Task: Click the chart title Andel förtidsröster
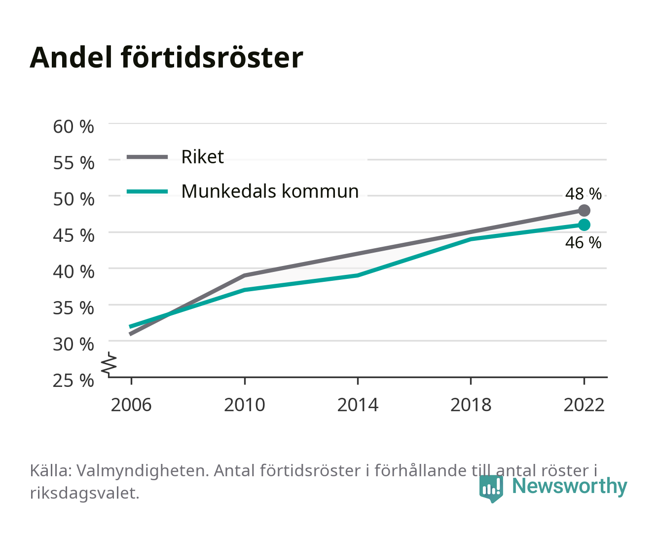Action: pos(166,58)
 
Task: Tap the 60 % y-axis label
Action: pos(73,127)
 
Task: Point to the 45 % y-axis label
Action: pos(73,235)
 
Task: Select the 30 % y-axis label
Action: pos(73,344)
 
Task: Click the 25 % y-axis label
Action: pos(73,381)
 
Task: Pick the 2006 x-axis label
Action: pos(131,405)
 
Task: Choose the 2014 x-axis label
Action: pos(358,405)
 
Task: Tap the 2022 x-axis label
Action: pos(584,405)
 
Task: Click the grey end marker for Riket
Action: pos(584,210)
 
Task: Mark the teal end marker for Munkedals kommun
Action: pos(584,225)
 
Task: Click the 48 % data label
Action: pos(584,194)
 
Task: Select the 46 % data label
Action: pos(584,243)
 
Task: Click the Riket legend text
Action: pos(203,156)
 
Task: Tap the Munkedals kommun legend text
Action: pos(270,191)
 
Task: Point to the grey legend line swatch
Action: pos(147,157)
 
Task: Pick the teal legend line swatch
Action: pos(147,191)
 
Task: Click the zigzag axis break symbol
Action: pos(109,364)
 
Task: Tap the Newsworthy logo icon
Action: pos(491,489)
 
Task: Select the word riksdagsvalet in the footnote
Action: pos(84,493)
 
